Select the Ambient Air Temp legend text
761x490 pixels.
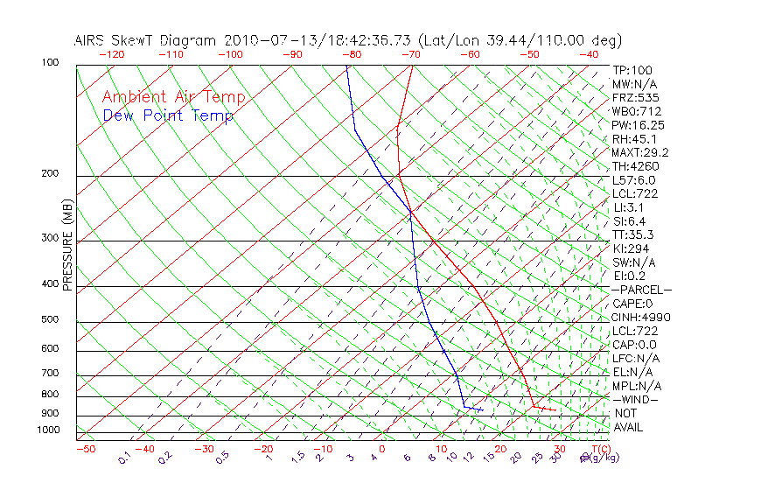[174, 97]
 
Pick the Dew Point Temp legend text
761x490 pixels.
[168, 115]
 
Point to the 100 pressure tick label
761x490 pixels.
[50, 63]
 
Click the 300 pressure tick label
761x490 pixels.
[50, 238]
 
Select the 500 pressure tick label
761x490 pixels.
[50, 320]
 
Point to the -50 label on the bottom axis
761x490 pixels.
[85, 450]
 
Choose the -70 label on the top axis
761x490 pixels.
[410, 54]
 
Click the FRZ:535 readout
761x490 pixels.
[636, 97]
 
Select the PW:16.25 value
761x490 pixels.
[639, 125]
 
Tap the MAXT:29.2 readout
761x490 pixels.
[641, 152]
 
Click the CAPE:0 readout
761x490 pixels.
[633, 304]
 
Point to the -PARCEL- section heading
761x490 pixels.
[641, 290]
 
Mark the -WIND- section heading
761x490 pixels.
[636, 399]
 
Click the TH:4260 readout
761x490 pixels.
[636, 166]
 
